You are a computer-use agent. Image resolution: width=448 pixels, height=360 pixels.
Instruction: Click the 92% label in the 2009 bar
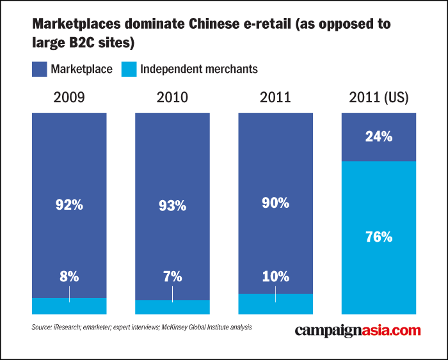[x=69, y=205]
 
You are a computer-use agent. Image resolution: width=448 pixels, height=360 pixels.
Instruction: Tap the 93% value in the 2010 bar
[x=172, y=205]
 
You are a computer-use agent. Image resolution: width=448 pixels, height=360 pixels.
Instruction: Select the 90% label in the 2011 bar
[x=275, y=203]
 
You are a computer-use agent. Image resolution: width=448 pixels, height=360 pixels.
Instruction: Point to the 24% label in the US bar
[x=379, y=136]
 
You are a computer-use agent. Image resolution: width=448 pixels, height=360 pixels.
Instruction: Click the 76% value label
[x=379, y=237]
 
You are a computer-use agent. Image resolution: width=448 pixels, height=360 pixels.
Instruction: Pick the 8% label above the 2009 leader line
[x=69, y=276]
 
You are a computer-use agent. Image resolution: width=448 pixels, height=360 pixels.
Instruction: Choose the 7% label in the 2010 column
[x=172, y=276]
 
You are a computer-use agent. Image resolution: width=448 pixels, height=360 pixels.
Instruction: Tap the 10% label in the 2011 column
[x=275, y=276]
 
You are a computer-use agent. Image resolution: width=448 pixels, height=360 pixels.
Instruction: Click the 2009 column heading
[x=69, y=97]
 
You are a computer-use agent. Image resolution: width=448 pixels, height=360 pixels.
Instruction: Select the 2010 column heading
[x=172, y=97]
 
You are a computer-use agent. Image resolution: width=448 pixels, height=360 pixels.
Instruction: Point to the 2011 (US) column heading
[x=379, y=98]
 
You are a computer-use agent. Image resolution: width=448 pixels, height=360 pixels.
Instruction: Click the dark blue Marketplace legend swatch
[x=40, y=69]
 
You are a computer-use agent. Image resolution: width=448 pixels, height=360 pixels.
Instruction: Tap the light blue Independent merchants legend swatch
[x=129, y=69]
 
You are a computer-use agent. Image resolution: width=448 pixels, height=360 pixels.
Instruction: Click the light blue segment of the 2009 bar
[x=69, y=306]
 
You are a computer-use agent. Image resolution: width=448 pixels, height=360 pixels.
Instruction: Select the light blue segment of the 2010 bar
[x=172, y=307]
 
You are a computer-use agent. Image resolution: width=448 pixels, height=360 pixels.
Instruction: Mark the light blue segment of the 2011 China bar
[x=275, y=304]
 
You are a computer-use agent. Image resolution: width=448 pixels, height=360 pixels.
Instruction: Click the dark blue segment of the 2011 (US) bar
[x=379, y=137]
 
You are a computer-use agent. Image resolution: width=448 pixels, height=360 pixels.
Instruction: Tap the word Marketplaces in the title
[x=77, y=24]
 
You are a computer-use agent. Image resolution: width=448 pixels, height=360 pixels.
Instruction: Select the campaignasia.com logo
[x=358, y=331]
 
